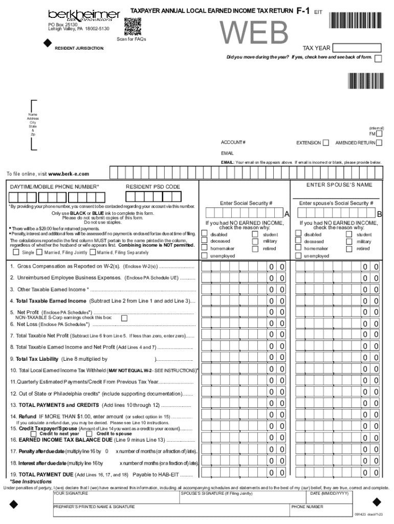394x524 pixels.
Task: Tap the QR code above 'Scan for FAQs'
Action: pyautogui.click(x=132, y=25)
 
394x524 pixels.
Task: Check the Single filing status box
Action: pyautogui.click(x=16, y=252)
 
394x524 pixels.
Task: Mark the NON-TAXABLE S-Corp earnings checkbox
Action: pyautogui.click(x=124, y=318)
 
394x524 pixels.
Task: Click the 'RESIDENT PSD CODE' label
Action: pyautogui.click(x=152, y=187)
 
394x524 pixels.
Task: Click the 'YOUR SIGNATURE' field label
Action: pyautogui.click(x=71, y=493)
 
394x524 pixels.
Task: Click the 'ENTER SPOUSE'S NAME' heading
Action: pyautogui.click(x=339, y=185)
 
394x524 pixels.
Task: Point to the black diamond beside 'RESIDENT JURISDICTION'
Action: pyautogui.click(x=48, y=44)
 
